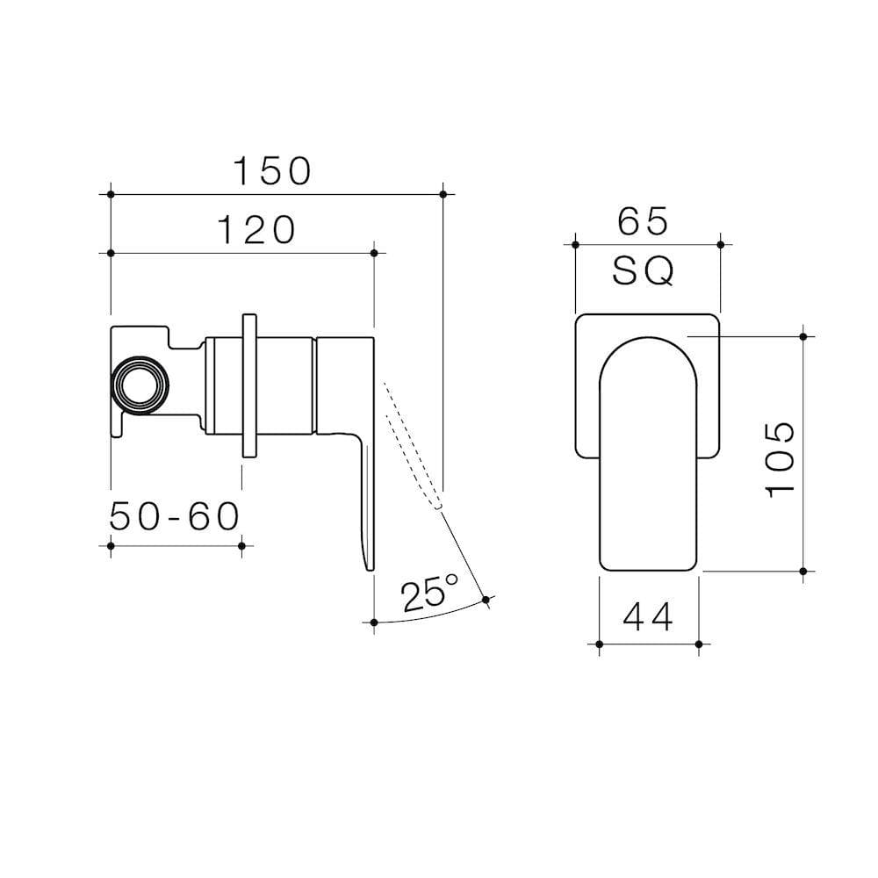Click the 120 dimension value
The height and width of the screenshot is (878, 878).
(255, 230)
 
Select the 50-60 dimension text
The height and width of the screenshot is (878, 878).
(175, 517)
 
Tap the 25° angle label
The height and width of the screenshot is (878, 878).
(429, 593)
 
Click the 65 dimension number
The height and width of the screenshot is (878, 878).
(643, 221)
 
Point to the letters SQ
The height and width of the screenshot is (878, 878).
(644, 273)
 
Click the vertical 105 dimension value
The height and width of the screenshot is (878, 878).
(781, 457)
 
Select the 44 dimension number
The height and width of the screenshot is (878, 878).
(648, 618)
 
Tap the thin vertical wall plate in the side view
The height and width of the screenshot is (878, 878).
(248, 384)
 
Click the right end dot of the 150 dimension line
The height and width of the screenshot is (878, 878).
(443, 193)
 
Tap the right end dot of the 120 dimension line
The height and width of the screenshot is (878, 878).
(375, 253)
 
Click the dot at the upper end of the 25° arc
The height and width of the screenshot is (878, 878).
(486, 600)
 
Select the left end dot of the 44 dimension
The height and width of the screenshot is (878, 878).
(599, 644)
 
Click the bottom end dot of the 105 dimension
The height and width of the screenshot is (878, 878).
(803, 571)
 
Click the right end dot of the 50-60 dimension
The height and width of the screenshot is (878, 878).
(241, 545)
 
